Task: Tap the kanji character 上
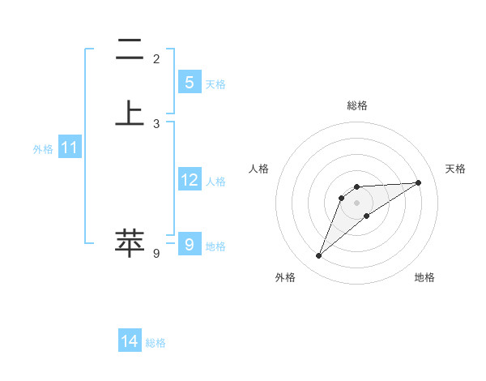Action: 130,113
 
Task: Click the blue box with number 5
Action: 189,82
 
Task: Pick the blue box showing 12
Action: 189,180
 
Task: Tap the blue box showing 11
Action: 70,148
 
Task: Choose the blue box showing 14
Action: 130,341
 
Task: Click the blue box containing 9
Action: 189,243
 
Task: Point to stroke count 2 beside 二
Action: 156,58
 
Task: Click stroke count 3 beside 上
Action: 156,123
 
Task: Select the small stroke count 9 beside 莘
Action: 156,254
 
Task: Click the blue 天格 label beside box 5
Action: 215,83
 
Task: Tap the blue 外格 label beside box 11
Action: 43,149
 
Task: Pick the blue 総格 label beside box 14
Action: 156,343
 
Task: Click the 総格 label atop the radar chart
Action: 356,105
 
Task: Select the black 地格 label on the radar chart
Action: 424,277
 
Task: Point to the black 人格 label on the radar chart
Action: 259,169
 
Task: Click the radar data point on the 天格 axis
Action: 418,182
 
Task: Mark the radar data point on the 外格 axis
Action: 318,256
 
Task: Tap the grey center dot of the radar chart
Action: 356,202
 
